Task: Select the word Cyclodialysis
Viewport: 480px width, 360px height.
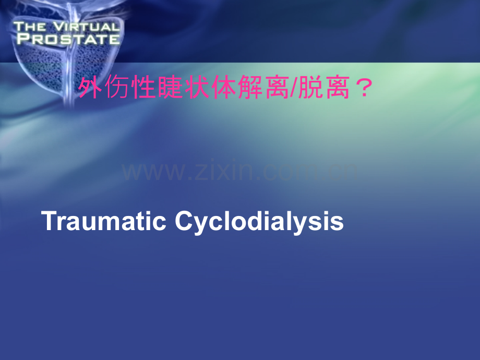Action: pyautogui.click(x=259, y=222)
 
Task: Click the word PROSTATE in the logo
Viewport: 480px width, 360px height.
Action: pyautogui.click(x=67, y=39)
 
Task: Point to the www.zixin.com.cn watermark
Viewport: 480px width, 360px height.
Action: pyautogui.click(x=241, y=171)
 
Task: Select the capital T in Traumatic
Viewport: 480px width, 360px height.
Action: pyautogui.click(x=48, y=221)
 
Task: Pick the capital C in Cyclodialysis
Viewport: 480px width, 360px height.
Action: pyautogui.click(x=184, y=221)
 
